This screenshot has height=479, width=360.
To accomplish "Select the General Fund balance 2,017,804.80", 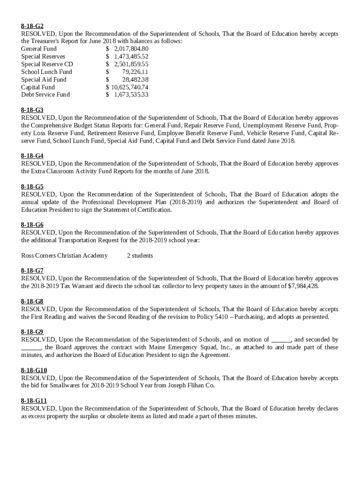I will tap(131, 49).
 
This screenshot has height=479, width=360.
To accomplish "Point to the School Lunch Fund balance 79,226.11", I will tap(135, 72).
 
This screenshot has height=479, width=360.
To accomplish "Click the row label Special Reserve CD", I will tap(47, 65).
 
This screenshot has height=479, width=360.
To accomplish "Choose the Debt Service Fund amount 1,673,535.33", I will tap(131, 95).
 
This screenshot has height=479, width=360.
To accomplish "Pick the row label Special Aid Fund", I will tap(44, 80).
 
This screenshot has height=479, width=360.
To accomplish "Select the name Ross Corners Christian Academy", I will tap(65, 256).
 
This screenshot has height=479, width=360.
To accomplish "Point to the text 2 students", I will tap(140, 256).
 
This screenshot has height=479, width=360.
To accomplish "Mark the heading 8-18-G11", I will tap(34, 401).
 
